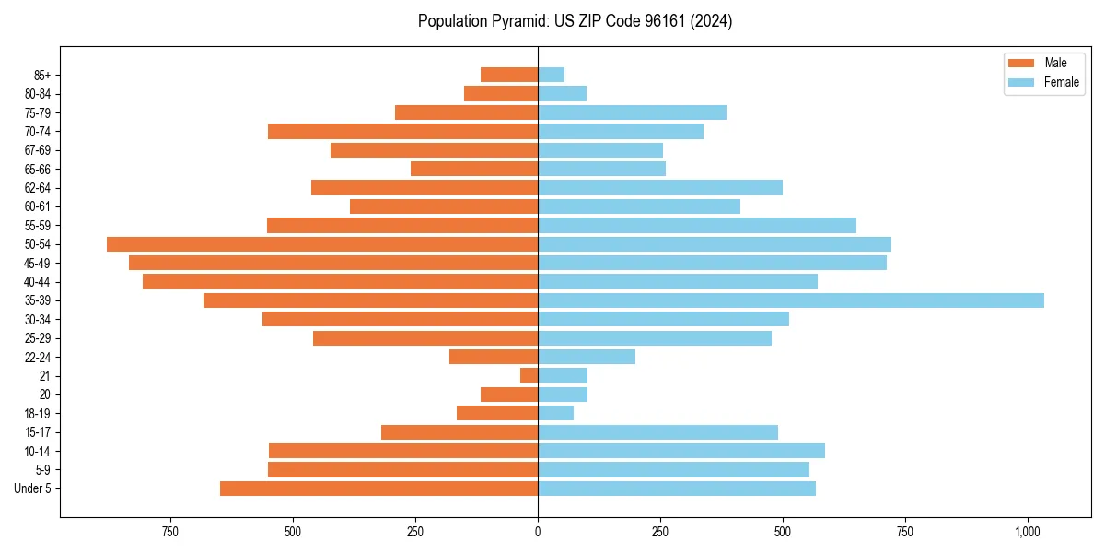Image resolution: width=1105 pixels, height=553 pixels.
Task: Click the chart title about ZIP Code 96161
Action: coord(575,21)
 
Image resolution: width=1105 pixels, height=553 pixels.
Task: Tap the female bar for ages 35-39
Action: coord(790,300)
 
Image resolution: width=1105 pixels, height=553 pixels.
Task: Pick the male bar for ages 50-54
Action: coord(322,244)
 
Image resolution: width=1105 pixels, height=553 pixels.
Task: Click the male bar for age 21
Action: coord(529,376)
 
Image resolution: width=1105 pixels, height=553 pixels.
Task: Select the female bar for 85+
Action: coord(551,75)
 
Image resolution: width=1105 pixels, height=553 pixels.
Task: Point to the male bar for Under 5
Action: coord(378,488)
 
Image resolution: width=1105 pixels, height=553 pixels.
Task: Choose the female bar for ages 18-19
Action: coord(555,413)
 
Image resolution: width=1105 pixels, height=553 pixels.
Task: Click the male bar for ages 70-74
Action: coord(402,132)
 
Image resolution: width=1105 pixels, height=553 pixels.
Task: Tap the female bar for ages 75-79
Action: coord(632,112)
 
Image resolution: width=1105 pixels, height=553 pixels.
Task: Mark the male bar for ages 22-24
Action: coord(494,357)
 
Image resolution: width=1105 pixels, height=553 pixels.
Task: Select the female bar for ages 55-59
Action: coord(697,226)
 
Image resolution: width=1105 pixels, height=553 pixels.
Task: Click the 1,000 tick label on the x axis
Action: coord(1028,532)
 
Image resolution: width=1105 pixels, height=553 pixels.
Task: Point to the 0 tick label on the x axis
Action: coord(538,532)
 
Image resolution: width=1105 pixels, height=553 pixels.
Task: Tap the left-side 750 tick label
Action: coord(169,532)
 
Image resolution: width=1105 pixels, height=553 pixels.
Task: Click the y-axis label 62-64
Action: coord(37,188)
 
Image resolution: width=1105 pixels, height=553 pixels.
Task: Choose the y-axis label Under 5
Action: coord(32,488)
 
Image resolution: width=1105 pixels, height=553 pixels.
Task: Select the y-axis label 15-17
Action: coord(37,432)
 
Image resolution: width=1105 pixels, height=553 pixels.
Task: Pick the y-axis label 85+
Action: coord(41,75)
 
